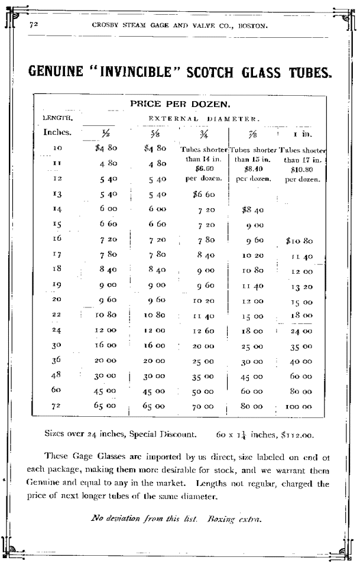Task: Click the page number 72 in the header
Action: coord(34,25)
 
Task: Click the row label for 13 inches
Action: coord(57,193)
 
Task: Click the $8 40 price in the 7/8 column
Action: coord(253,209)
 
